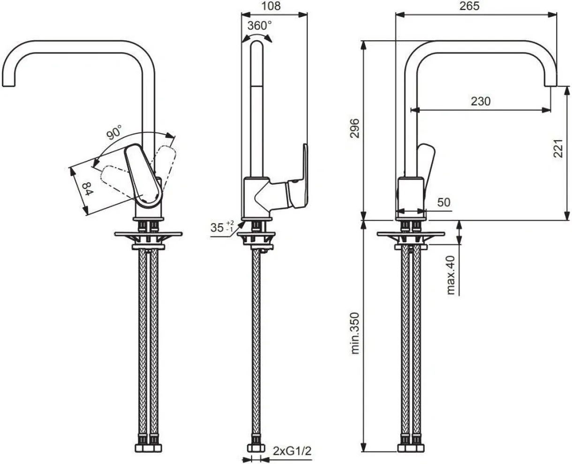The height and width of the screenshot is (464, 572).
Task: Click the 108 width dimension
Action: [271, 6]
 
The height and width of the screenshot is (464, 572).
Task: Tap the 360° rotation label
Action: [259, 26]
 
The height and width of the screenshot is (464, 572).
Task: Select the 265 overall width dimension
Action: [469, 6]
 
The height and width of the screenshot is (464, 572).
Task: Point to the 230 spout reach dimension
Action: [481, 101]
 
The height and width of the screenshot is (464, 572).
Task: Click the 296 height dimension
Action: [355, 128]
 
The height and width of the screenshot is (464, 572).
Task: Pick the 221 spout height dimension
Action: [558, 149]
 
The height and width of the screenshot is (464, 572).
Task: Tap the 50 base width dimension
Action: [444, 202]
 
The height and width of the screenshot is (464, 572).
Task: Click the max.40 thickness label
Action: [452, 275]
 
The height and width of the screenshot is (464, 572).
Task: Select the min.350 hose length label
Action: [355, 333]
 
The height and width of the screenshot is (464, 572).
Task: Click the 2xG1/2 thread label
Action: [292, 451]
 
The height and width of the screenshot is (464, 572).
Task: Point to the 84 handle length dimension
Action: [88, 189]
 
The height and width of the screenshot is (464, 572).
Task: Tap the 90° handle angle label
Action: [114, 132]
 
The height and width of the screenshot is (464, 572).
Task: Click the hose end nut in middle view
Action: [256, 449]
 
